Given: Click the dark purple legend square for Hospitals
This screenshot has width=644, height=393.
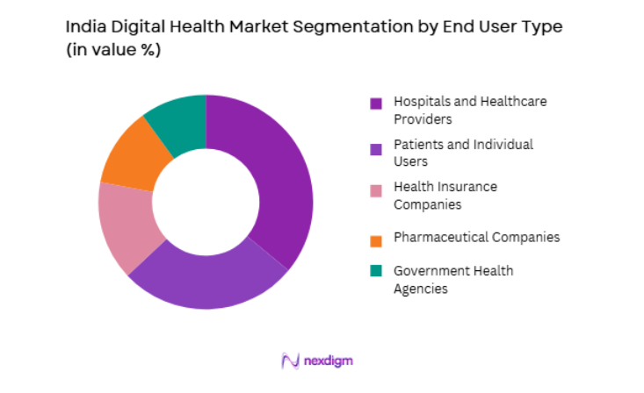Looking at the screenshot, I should [x=376, y=104].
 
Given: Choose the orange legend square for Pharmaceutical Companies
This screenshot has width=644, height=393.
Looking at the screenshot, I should [x=376, y=239].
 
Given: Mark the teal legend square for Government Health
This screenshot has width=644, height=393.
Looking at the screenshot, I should [x=376, y=272].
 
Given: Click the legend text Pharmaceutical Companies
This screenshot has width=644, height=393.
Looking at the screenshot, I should [x=476, y=238].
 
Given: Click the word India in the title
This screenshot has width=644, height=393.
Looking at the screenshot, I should [x=82, y=28].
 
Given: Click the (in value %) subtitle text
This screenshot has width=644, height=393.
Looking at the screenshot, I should [x=113, y=51].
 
